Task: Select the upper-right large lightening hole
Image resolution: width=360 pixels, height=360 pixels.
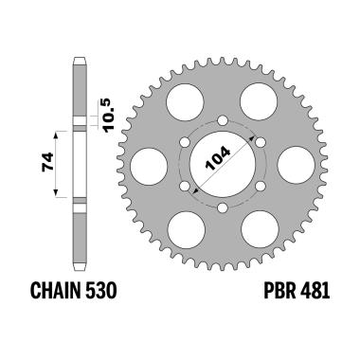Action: coord(258,102)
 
